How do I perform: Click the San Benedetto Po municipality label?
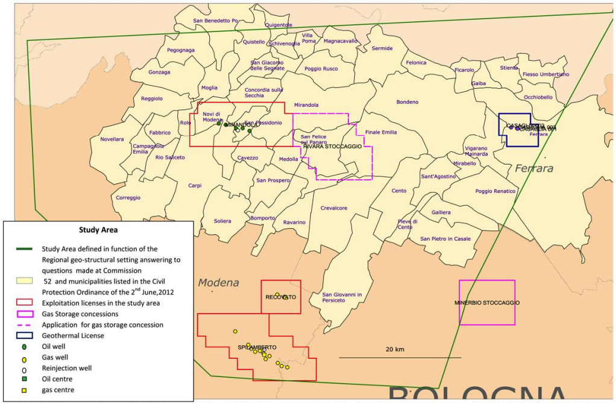click(216, 21)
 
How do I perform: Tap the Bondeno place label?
click(407, 102)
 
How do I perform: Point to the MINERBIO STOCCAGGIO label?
click(487, 302)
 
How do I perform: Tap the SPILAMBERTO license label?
click(257, 347)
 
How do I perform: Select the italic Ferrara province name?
click(533, 169)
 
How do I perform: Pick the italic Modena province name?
click(219, 282)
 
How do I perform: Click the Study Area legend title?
click(98, 230)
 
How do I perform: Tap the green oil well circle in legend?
click(24, 347)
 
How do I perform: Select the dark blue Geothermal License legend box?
click(24, 335)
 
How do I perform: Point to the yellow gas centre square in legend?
click(24, 390)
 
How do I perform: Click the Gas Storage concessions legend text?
click(80, 314)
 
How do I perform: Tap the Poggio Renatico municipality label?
click(495, 191)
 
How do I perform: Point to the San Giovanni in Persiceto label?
click(342, 297)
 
